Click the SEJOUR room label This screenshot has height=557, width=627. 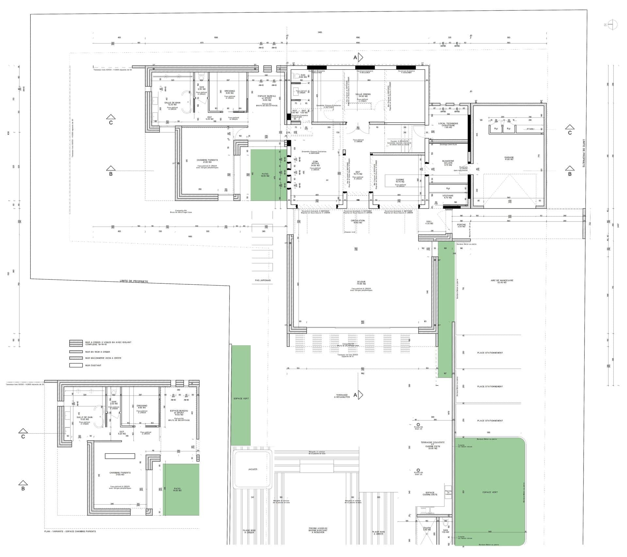(x=361, y=282)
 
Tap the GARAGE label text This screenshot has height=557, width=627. (x=509, y=158)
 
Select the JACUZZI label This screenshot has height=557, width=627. (x=252, y=469)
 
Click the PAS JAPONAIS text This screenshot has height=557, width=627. (x=263, y=280)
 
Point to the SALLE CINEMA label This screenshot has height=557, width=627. (x=363, y=94)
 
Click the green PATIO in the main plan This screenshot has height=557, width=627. (x=265, y=175)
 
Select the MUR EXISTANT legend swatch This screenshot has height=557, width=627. (x=76, y=365)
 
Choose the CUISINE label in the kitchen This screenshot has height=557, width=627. (x=400, y=180)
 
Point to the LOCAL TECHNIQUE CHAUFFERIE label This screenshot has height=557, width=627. (x=448, y=125)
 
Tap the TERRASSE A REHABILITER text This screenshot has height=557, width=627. (x=342, y=396)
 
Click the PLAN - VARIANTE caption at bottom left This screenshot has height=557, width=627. (x=70, y=532)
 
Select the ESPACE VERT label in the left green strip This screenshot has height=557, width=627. (x=241, y=398)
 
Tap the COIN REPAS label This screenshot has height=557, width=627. (x=315, y=162)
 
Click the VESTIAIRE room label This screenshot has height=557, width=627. (x=448, y=196)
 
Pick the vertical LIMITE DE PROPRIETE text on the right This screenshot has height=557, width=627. (x=584, y=154)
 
